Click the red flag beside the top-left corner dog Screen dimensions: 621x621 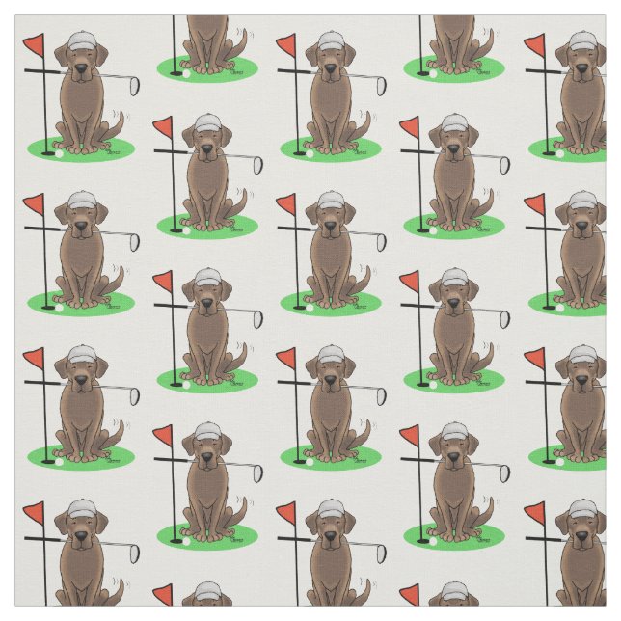click(35, 44)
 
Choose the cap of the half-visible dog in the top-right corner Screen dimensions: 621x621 click(582, 41)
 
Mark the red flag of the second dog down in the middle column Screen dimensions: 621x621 click(287, 203)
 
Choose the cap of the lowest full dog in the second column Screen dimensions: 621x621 click(207, 431)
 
